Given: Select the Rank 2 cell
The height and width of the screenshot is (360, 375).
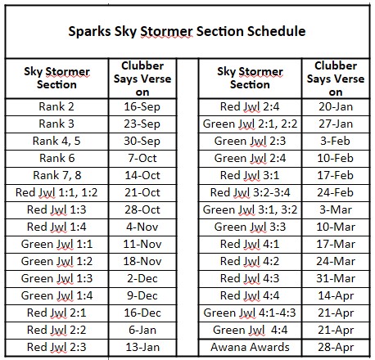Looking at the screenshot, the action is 56,106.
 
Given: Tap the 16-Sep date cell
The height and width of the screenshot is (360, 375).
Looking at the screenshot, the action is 142,107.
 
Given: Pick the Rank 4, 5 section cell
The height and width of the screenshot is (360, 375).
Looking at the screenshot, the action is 56,142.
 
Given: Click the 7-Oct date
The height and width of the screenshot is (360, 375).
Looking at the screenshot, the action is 142,158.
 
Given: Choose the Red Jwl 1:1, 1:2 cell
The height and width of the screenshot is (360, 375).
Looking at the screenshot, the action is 56,192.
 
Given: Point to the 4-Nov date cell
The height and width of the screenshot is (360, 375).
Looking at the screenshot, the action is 142,227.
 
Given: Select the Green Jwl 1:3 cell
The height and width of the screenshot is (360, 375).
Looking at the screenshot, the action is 56,278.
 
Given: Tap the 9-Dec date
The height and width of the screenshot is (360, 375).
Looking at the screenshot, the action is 142,295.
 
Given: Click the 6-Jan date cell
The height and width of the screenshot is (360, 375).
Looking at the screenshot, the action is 142,330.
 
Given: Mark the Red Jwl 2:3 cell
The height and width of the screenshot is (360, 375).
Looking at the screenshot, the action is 56,347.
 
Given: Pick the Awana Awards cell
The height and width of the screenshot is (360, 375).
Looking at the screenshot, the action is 250,347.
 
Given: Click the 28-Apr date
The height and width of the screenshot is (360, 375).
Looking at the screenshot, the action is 336,348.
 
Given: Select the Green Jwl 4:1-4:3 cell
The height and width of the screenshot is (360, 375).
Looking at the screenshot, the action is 250,313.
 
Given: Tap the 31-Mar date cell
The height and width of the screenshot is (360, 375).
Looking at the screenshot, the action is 336,278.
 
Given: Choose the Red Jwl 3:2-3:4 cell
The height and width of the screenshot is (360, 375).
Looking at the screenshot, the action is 250,192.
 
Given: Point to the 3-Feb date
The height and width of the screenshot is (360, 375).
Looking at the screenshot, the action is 336,141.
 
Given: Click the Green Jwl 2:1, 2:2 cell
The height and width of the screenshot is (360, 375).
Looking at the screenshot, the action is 250,124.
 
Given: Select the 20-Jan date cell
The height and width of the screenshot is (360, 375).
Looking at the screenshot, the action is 336,106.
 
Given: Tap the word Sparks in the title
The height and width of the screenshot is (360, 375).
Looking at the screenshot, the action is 89,32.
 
